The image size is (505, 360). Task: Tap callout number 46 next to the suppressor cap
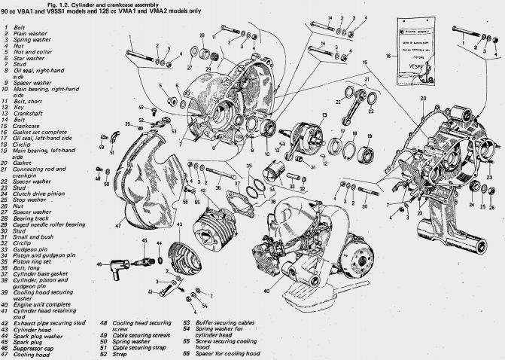tap(99, 264)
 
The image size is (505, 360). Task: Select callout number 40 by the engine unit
tap(266, 291)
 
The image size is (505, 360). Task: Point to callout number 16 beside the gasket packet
tap(388, 55)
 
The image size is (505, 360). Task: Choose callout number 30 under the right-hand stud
tap(364, 206)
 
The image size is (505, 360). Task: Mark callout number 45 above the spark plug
tap(145, 240)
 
